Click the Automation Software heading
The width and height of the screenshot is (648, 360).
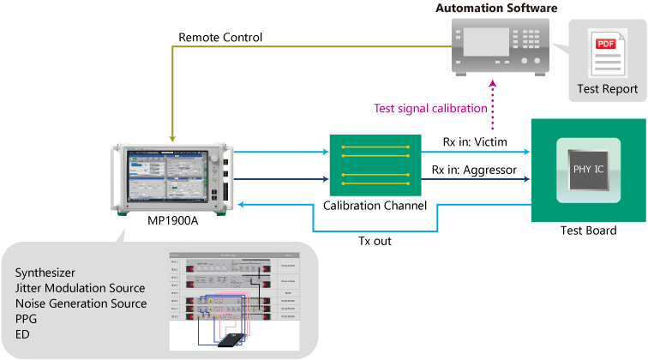point(496,9)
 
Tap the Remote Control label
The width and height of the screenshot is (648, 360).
point(220,38)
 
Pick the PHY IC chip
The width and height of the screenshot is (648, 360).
point(588,169)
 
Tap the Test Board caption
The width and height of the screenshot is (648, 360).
point(589,231)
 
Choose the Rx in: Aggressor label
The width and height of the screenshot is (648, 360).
point(475,170)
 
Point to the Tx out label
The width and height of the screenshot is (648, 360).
point(375,241)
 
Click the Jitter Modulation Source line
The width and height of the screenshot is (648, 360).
point(80,288)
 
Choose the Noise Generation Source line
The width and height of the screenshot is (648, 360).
point(81,303)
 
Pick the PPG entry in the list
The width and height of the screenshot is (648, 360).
point(27,319)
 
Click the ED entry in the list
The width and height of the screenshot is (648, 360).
point(22,334)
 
